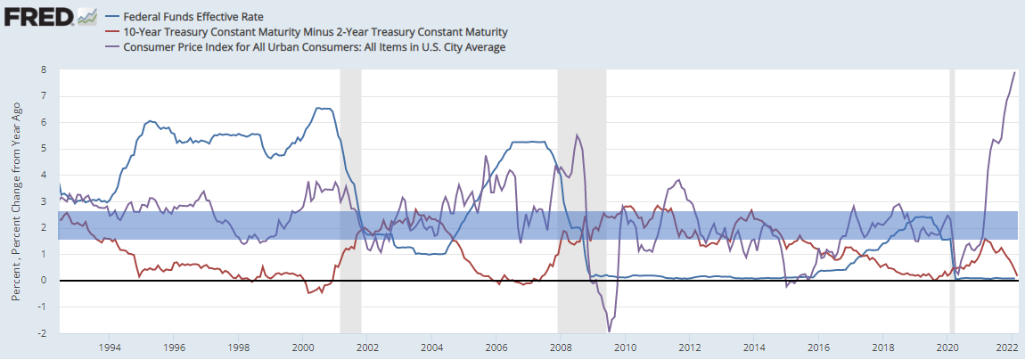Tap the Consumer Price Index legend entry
pos(315,46)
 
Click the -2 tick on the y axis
pos(42,333)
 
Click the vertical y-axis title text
pos(15,200)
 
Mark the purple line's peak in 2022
pos(1014,72)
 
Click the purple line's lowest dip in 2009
pos(610,331)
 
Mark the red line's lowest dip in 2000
pos(308,293)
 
